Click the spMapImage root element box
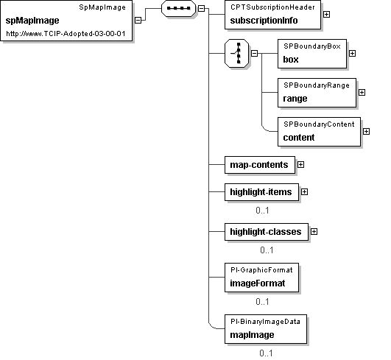[66, 21]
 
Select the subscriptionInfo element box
[272, 15]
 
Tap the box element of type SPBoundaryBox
[312, 54]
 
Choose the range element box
[317, 93]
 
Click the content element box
[319, 132]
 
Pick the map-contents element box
[260, 165]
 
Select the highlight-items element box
[261, 192]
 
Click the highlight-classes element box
[267, 232]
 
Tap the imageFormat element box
[261, 278]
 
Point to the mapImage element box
[266, 329]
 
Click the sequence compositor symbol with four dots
[178, 9]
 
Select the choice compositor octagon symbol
[237, 53]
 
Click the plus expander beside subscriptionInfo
[326, 15]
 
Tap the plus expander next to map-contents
[300, 165]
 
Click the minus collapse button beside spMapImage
[138, 20]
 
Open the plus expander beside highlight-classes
[314, 232]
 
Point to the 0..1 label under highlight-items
[262, 211]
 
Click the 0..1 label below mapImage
[266, 353]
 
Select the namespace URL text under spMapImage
[66, 34]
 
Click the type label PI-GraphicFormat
[261, 270]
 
